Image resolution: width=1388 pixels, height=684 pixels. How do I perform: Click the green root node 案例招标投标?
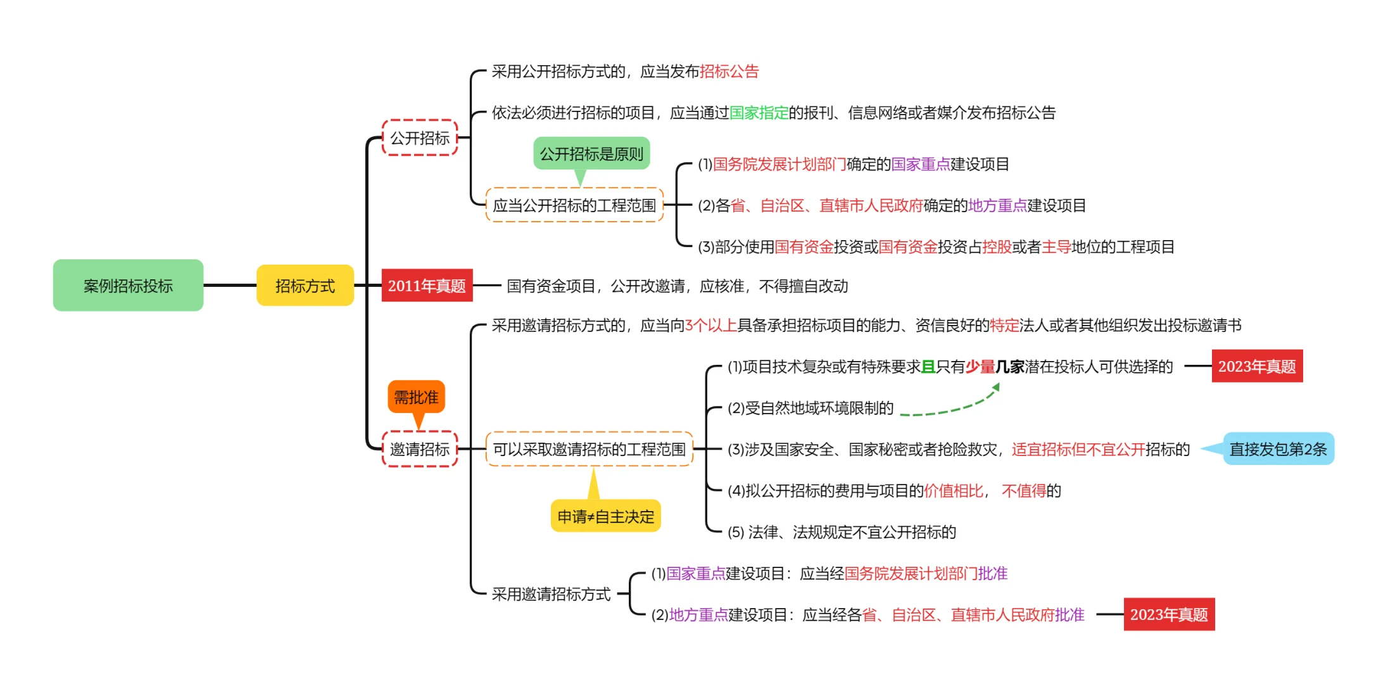(x=128, y=286)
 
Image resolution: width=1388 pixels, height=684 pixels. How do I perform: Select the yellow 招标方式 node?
(x=305, y=286)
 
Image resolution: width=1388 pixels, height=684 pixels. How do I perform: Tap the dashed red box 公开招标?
(x=419, y=137)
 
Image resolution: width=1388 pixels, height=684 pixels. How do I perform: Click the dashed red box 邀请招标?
(x=419, y=449)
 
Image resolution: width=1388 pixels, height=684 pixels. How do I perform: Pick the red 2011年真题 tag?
(x=427, y=286)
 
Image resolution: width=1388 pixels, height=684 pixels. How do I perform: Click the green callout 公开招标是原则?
(x=591, y=154)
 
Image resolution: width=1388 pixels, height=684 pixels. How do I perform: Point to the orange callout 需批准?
(x=416, y=397)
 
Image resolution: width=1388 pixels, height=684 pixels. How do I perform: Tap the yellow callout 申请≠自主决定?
(x=605, y=516)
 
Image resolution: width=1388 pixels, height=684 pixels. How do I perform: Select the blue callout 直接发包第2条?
(x=1278, y=449)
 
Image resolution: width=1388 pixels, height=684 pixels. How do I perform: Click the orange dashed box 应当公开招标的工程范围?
(x=574, y=205)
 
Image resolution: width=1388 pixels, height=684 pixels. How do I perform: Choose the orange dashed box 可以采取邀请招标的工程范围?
(x=589, y=449)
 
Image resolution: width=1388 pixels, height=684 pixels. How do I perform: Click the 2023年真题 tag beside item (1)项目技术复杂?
(x=1257, y=366)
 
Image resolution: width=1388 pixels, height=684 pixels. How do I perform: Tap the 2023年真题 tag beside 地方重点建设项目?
(x=1169, y=614)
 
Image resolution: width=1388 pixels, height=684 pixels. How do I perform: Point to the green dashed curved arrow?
(x=950, y=408)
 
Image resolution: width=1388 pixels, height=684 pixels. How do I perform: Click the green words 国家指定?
(x=759, y=113)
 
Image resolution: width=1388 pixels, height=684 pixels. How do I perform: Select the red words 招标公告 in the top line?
(x=729, y=72)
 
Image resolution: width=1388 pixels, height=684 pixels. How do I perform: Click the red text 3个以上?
(x=710, y=326)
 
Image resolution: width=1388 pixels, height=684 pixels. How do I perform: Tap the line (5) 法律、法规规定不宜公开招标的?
(x=842, y=532)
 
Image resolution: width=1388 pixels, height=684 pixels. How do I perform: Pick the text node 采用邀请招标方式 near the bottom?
(x=551, y=594)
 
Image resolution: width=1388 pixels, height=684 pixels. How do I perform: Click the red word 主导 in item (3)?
(x=1056, y=247)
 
